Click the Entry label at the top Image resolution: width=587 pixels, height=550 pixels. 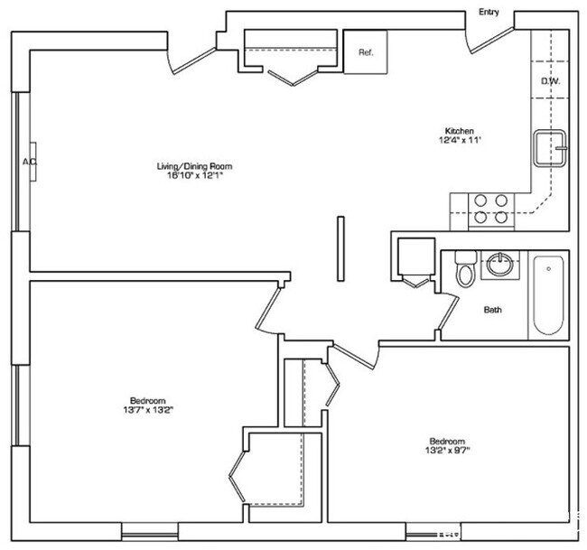(x=489, y=12)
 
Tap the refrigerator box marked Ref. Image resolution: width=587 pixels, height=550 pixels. (x=366, y=51)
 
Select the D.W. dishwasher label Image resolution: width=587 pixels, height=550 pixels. (x=549, y=81)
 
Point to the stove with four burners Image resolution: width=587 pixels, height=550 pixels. (x=489, y=209)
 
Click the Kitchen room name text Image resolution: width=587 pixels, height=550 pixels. (x=459, y=131)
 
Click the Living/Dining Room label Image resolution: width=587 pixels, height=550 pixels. (x=190, y=165)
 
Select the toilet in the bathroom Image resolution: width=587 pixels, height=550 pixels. (x=466, y=269)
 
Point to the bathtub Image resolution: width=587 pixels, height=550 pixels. (x=549, y=294)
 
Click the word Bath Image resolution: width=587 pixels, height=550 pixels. (x=492, y=310)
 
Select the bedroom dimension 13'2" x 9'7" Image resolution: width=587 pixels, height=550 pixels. (x=448, y=447)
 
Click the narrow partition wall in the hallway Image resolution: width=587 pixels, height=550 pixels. (x=340, y=247)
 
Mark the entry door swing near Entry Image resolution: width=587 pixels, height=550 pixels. (x=490, y=38)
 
